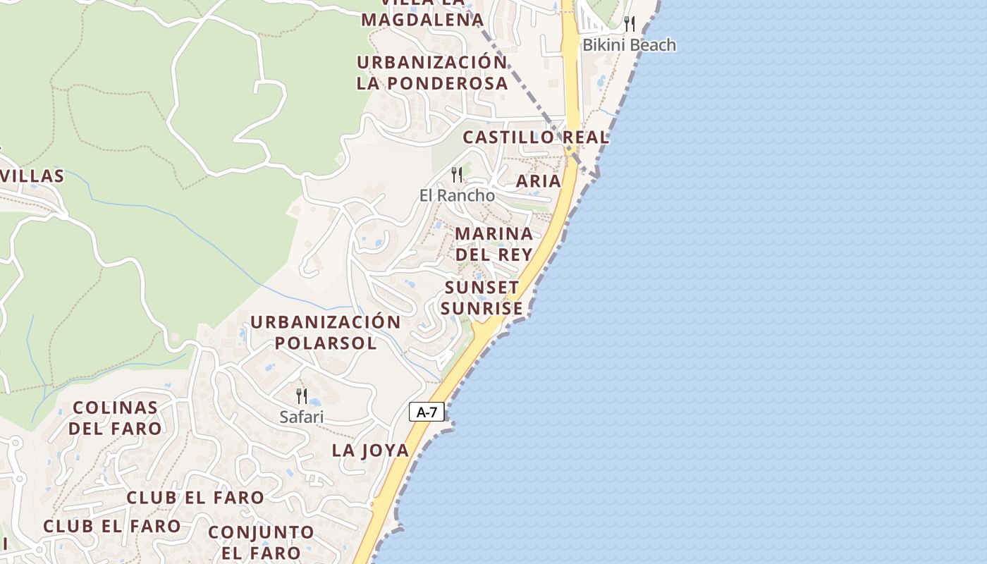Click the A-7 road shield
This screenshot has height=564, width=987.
click(427, 412)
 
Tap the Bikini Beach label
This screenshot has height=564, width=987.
click(628, 45)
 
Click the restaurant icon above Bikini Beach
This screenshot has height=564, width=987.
click(630, 24)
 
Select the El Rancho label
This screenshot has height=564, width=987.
click(457, 195)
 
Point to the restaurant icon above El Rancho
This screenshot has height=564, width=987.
click(457, 174)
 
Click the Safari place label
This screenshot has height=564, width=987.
click(302, 417)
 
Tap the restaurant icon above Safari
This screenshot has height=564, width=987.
click(302, 396)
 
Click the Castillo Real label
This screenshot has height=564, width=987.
click(536, 137)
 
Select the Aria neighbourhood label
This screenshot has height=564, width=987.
click(539, 181)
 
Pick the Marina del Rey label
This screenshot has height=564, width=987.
click(493, 243)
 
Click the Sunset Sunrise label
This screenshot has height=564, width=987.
click(482, 298)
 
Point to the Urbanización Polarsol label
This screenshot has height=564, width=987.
click(326, 333)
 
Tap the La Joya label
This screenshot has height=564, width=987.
click(370, 450)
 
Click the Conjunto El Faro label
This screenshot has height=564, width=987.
click(261, 542)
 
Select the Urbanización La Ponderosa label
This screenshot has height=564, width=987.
click(431, 73)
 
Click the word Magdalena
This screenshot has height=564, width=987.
click(422, 19)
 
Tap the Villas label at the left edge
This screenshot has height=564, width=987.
click(32, 176)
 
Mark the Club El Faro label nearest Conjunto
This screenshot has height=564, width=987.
click(195, 498)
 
